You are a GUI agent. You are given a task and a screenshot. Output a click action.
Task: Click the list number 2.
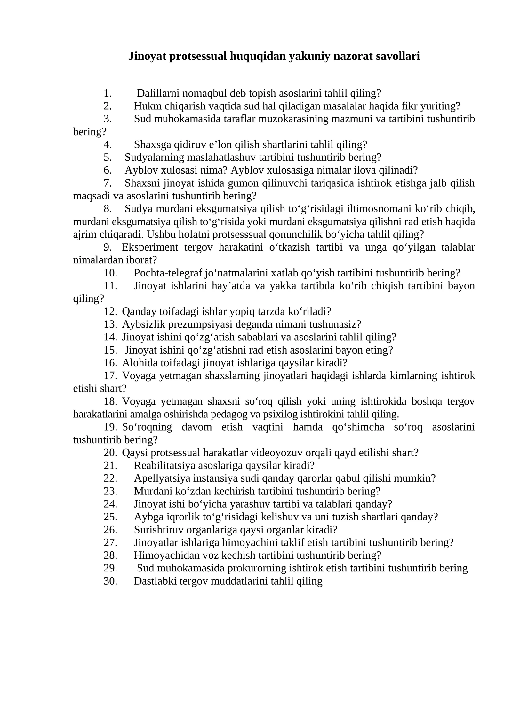[108, 106]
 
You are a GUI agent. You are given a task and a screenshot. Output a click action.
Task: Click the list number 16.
[110, 363]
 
